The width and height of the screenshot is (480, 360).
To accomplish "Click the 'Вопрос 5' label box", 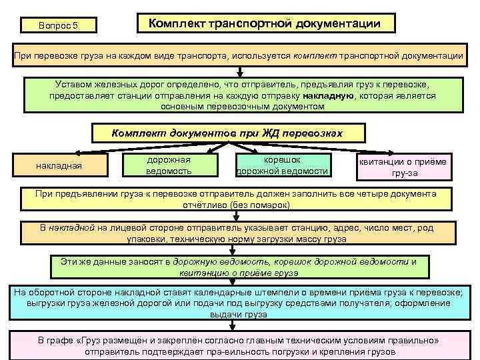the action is (x=59, y=25).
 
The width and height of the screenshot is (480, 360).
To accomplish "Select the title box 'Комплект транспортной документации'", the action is (x=265, y=24).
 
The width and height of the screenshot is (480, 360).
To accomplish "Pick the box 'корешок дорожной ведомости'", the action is (x=283, y=165).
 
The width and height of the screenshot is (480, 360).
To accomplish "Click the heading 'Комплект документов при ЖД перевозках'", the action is (x=227, y=133).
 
